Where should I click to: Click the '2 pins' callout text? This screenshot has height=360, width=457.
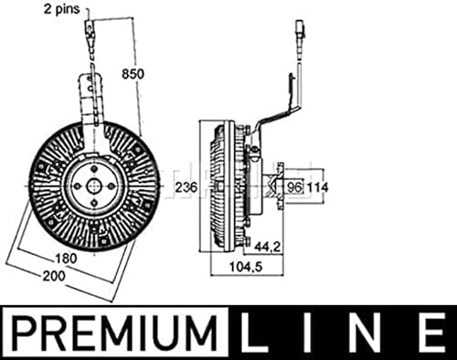pyautogui.click(x=61, y=9)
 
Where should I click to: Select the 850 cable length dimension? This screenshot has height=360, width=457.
pyautogui.click(x=133, y=74)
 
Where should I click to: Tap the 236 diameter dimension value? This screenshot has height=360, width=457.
pyautogui.click(x=186, y=186)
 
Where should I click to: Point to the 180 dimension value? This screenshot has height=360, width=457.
pyautogui.click(x=66, y=259)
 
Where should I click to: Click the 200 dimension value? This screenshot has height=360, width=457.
pyautogui.click(x=54, y=276)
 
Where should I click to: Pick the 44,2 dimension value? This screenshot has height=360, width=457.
pyautogui.click(x=267, y=247)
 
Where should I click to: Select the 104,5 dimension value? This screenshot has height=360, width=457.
pyautogui.click(x=246, y=268)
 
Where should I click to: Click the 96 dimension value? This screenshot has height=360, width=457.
pyautogui.click(x=294, y=187)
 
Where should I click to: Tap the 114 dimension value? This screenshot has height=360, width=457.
pyautogui.click(x=317, y=187)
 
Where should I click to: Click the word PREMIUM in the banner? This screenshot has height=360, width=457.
pyautogui.click(x=114, y=333)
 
